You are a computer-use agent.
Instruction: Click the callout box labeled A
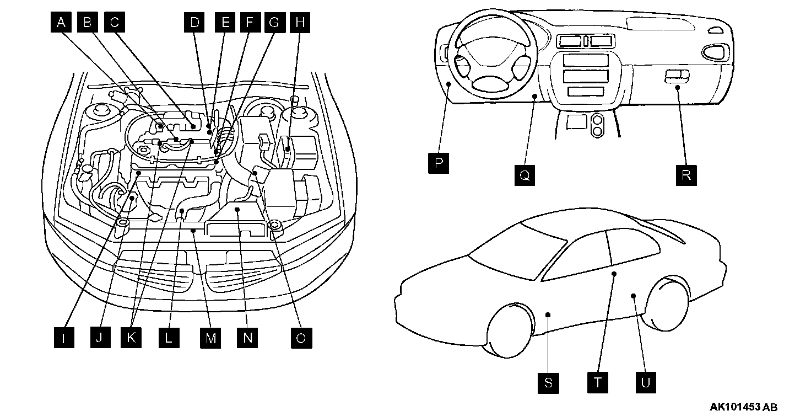[x=62, y=23]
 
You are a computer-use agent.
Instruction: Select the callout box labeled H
[x=299, y=23]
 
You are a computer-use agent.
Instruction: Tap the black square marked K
[x=131, y=338]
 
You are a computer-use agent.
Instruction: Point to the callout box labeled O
[x=301, y=338]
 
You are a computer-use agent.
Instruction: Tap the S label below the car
[x=548, y=383]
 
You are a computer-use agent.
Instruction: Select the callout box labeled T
[x=597, y=383]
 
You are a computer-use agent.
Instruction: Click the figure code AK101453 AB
[x=743, y=408]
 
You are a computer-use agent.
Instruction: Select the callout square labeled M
[x=210, y=338]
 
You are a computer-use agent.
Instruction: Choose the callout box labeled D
[x=194, y=23]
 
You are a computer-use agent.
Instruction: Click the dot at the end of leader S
[x=548, y=314]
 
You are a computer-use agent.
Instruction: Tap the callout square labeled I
[x=64, y=338]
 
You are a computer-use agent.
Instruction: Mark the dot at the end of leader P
[x=450, y=84]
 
